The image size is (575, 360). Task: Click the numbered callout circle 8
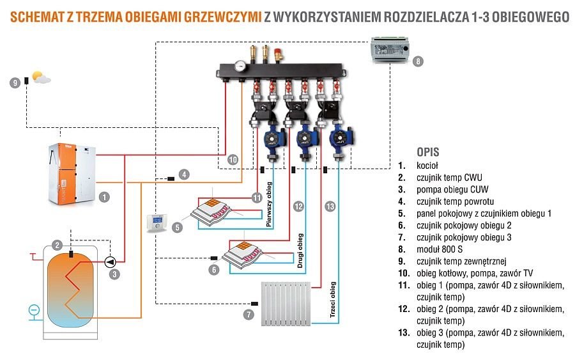click(x=418, y=62)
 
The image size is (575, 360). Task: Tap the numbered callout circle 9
click(x=15, y=82)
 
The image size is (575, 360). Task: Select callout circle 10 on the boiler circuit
click(x=233, y=159)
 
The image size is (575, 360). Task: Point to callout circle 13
click(x=330, y=206)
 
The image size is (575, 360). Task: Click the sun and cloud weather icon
click(x=40, y=78)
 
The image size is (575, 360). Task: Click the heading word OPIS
click(x=427, y=153)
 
